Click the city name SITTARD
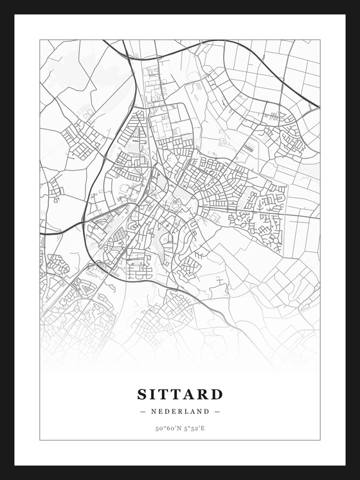point(180,394)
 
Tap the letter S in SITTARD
point(142,394)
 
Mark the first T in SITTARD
point(163,394)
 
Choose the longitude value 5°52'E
point(194,428)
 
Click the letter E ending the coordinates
point(203,428)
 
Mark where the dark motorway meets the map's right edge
point(319,108)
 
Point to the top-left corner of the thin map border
point(40,40)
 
